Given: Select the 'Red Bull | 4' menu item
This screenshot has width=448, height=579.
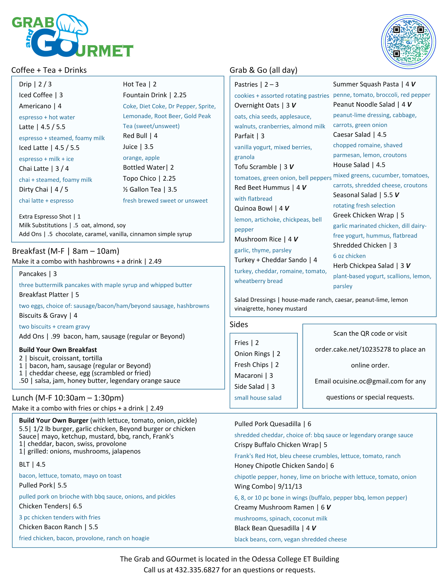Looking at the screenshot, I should point(140,136).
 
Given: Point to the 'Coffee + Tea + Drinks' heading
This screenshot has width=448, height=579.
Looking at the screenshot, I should point(49,70).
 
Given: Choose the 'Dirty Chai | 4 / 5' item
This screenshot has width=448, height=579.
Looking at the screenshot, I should point(44,190).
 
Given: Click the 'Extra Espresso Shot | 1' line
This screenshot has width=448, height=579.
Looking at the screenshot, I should point(50,217).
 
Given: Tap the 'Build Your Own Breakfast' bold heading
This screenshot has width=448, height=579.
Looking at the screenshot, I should point(58,350).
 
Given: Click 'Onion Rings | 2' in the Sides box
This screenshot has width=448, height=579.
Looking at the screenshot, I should point(257,354).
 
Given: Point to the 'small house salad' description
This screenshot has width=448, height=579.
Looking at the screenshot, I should point(258,398).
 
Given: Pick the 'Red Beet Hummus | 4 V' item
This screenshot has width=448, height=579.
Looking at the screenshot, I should point(270,188).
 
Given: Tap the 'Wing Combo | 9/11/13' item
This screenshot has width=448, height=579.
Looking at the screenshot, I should point(268,486).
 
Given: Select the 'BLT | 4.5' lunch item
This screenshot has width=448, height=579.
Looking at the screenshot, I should point(32,465).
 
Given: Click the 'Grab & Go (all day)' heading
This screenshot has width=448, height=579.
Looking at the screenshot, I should point(263,70).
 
